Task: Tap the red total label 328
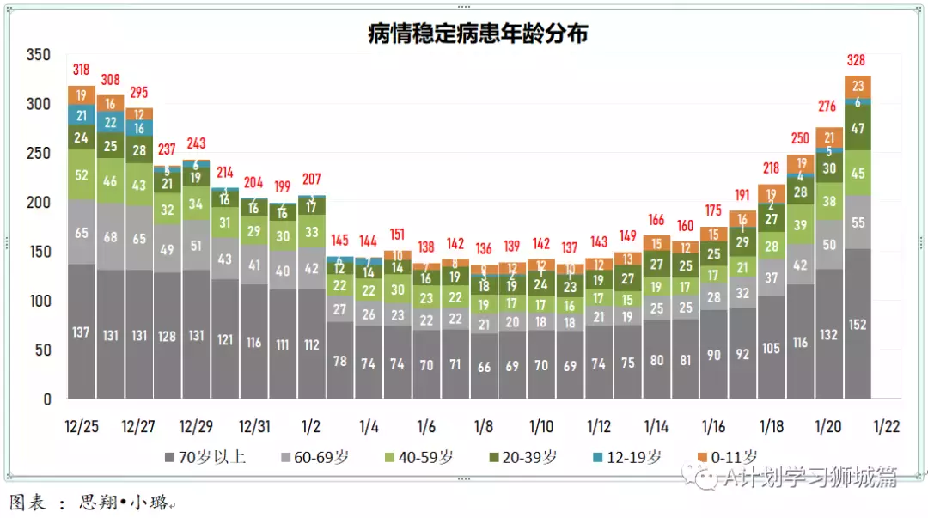pos(856,60)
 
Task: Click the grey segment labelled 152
pos(857,324)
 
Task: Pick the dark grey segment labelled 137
pos(82,332)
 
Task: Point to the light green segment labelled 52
pos(82,175)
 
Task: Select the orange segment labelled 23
pos(857,86)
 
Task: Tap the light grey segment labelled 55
pos(857,222)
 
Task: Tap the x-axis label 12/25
pos(82,427)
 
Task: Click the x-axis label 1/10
pos(541,427)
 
